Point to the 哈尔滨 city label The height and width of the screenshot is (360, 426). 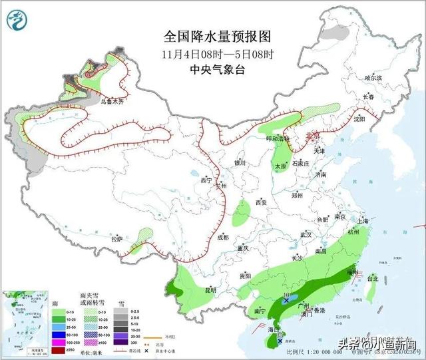[x=374, y=78]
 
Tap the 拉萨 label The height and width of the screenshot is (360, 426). [x=117, y=238]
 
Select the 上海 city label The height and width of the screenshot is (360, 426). [x=363, y=220]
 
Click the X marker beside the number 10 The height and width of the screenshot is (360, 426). [x=287, y=301]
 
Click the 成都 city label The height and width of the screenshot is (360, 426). [x=222, y=237]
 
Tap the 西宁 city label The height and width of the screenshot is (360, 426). [x=206, y=180]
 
